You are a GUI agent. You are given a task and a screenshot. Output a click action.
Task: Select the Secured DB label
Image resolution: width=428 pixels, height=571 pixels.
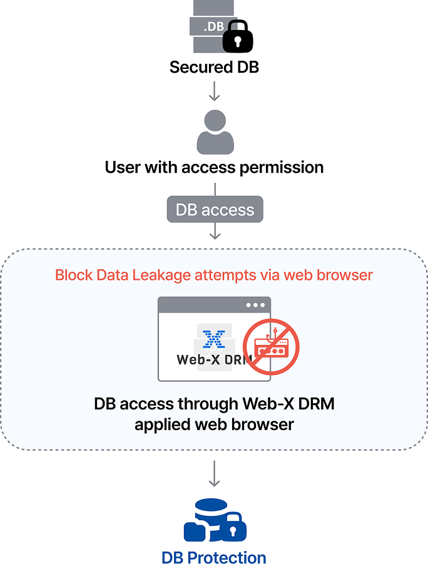pyautogui.click(x=214, y=66)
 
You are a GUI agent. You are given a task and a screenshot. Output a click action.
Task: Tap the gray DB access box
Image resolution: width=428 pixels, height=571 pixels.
pyautogui.click(x=215, y=209)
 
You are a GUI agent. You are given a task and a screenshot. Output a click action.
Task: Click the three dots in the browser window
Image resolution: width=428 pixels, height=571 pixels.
pyautogui.click(x=255, y=306)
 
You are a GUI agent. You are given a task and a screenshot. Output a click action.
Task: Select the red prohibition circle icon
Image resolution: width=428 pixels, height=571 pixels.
pyautogui.click(x=271, y=346)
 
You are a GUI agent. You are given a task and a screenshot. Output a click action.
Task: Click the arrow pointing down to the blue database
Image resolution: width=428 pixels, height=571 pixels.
pyautogui.click(x=215, y=474)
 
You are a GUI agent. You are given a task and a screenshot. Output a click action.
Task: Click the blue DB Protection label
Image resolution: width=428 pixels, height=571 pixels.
pyautogui.click(x=214, y=557)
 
